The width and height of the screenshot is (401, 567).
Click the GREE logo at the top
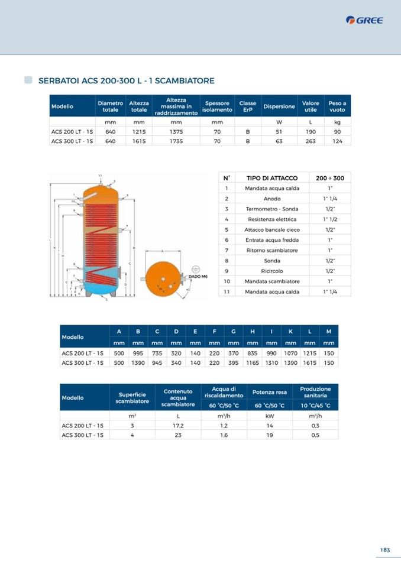(x=364, y=20)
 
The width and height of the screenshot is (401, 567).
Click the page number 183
(x=385, y=550)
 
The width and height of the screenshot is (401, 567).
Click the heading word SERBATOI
(x=57, y=80)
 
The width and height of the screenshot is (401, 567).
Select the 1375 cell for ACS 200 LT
(x=176, y=132)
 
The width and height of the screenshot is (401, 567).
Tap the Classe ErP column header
(x=248, y=106)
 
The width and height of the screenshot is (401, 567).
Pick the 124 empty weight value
(x=337, y=141)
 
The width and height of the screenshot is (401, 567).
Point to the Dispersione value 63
(x=279, y=141)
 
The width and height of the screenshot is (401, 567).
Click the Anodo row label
(x=272, y=199)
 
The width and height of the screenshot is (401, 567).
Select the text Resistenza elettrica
(x=272, y=219)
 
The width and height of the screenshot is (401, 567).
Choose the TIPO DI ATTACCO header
(x=272, y=178)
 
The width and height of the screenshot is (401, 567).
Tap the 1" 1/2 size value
(x=330, y=219)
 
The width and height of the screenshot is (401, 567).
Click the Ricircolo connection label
(x=272, y=271)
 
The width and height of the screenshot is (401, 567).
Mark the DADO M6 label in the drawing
(x=198, y=276)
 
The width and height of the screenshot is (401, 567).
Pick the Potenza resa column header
(x=269, y=392)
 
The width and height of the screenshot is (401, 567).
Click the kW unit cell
(x=269, y=416)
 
